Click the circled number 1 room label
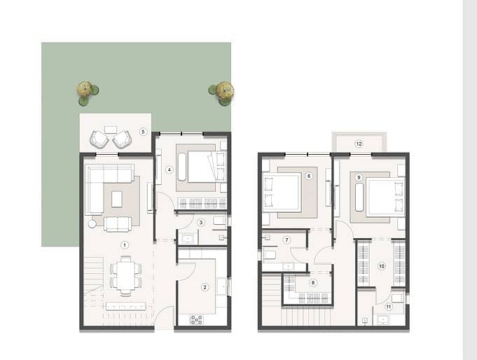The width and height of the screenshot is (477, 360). [124, 245]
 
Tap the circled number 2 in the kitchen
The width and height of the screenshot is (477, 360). [205, 287]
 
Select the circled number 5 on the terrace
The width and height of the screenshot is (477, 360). [144, 132]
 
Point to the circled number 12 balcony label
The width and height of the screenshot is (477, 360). [359, 144]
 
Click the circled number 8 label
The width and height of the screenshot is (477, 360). [313, 283]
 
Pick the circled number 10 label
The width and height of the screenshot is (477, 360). [382, 266]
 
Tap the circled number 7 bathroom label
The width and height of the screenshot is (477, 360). [286, 240]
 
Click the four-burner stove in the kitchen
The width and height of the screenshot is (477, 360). [197, 319]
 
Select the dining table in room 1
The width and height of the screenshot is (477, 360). [125, 276]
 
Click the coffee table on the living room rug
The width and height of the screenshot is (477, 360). [117, 199]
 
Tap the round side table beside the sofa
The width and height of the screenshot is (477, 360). [92, 224]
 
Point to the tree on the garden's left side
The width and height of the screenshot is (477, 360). [88, 92]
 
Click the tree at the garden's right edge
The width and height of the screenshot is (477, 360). [222, 92]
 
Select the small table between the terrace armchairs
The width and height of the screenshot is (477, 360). [111, 130]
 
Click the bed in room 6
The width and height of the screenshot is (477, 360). [282, 193]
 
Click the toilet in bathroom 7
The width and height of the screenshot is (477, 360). [270, 255]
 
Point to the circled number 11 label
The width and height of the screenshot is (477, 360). [388, 307]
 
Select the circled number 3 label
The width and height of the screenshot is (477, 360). [201, 223]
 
